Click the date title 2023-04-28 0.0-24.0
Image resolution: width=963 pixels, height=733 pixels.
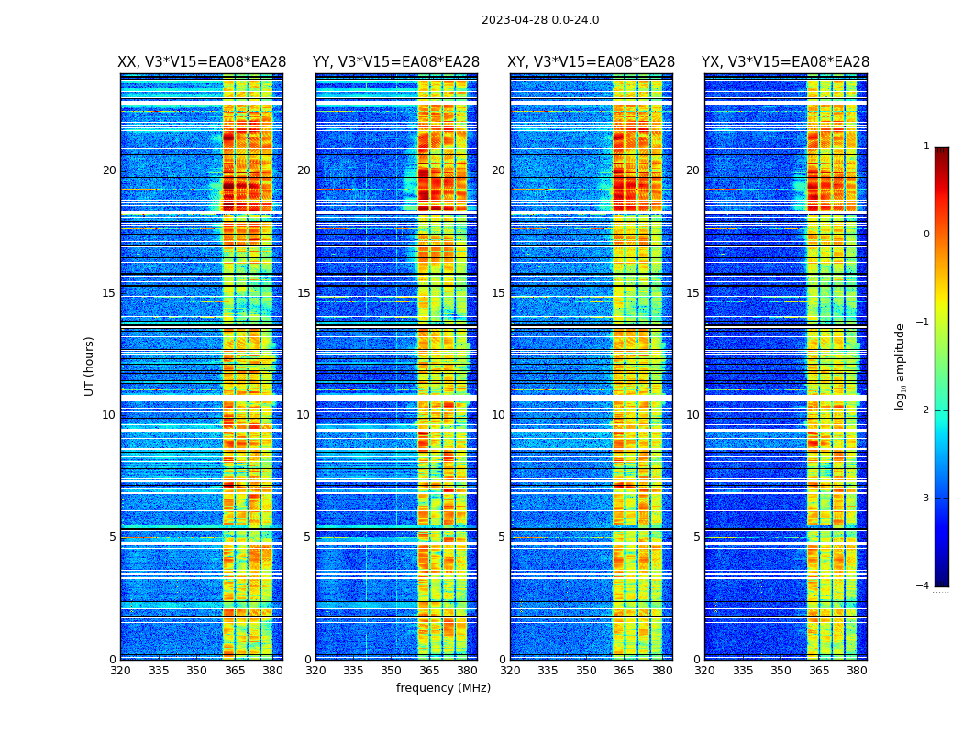tap(540, 20)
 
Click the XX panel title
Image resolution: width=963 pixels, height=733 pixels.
tap(202, 62)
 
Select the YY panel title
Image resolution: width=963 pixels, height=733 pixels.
tap(396, 62)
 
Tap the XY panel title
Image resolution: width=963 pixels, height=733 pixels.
tap(591, 62)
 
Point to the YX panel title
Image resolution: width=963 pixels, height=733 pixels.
tap(785, 62)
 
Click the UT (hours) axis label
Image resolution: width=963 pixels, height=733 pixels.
tap(90, 366)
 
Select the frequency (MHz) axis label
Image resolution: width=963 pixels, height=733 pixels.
tap(443, 688)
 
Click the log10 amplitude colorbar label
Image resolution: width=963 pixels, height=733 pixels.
tap(901, 366)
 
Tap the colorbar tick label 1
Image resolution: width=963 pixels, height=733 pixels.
tap(926, 147)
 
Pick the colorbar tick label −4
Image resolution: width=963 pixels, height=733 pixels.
tap(923, 586)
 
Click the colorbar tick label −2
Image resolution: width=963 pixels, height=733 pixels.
tap(923, 410)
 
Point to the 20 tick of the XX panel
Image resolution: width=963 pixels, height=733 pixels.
tap(109, 170)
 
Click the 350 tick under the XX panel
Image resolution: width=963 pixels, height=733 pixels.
tap(196, 671)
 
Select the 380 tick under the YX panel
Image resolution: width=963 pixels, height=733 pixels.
tap(857, 671)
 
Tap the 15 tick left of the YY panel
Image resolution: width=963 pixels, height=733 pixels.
tap(304, 293)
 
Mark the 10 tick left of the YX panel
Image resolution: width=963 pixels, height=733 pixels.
tap(692, 415)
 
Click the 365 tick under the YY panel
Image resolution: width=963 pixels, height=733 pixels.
tap(429, 671)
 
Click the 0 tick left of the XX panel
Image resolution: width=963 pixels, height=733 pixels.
tap(113, 660)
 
